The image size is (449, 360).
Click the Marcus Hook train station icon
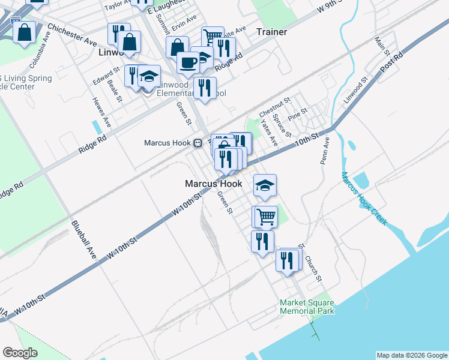(x=197, y=143)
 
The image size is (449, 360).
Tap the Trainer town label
(x=271, y=32)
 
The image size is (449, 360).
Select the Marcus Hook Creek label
(x=364, y=199)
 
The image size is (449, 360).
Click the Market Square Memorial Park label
(x=307, y=307)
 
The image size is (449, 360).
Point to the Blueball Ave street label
(x=83, y=239)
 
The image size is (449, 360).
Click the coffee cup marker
(x=188, y=62)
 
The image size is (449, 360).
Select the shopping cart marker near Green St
(x=266, y=217)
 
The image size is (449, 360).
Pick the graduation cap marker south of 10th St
(x=265, y=185)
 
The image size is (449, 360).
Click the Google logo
(x=20, y=353)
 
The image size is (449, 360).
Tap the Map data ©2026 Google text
(x=412, y=355)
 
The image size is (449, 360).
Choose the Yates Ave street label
(x=267, y=132)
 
